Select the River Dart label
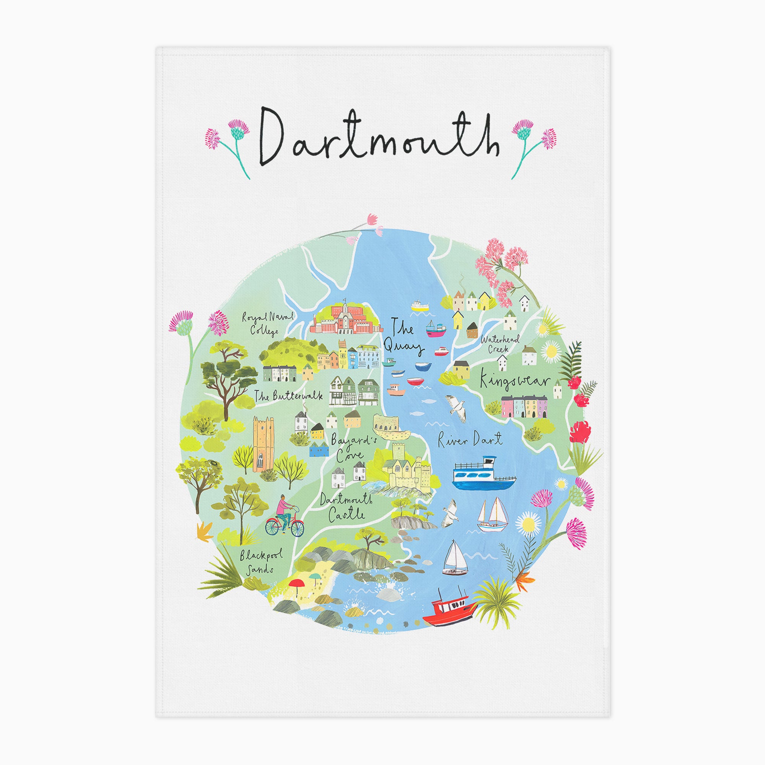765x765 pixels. pos(470,439)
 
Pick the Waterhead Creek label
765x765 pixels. pos(495,345)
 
